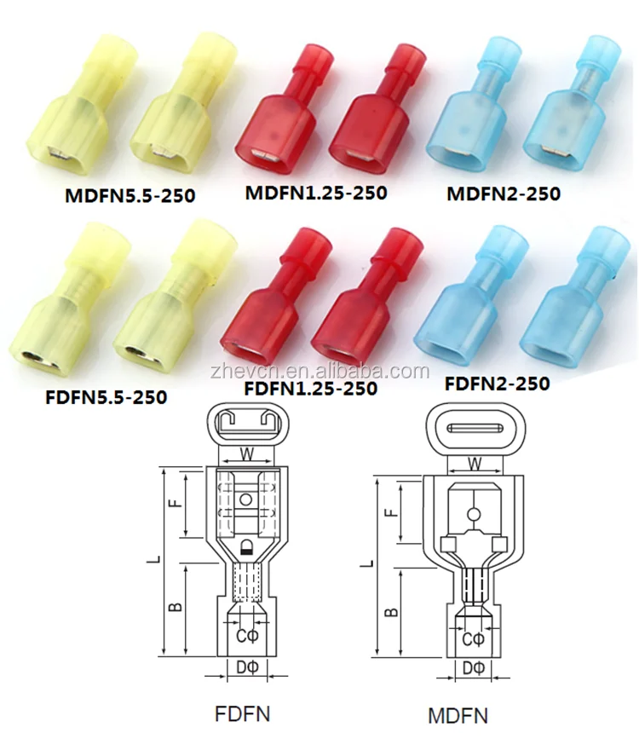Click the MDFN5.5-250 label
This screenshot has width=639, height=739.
click(130, 195)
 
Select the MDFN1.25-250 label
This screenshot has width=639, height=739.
click(316, 193)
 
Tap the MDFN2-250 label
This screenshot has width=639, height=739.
click(504, 193)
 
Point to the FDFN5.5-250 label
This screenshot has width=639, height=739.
click(106, 397)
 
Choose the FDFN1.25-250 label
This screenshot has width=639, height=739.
click(310, 388)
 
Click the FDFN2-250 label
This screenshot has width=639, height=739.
click(498, 384)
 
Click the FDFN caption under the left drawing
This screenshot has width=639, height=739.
click(242, 714)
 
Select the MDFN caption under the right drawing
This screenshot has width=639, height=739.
click(458, 716)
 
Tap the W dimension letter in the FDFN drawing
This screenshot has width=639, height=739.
click(246, 454)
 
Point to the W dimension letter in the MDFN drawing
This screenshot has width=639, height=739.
click(475, 464)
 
